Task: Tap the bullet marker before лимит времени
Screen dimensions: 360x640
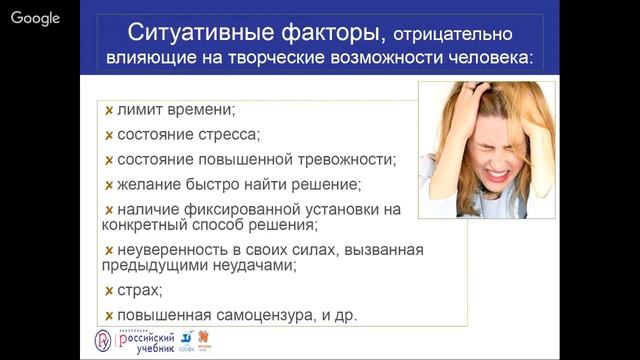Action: (108, 109)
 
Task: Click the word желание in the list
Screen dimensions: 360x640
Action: (151, 184)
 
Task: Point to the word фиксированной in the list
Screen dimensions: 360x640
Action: (259, 209)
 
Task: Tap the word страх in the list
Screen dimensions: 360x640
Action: (137, 291)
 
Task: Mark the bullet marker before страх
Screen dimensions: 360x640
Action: (108, 291)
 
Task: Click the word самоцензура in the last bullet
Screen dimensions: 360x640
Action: (261, 316)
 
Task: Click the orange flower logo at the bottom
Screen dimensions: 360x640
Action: (207, 339)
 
